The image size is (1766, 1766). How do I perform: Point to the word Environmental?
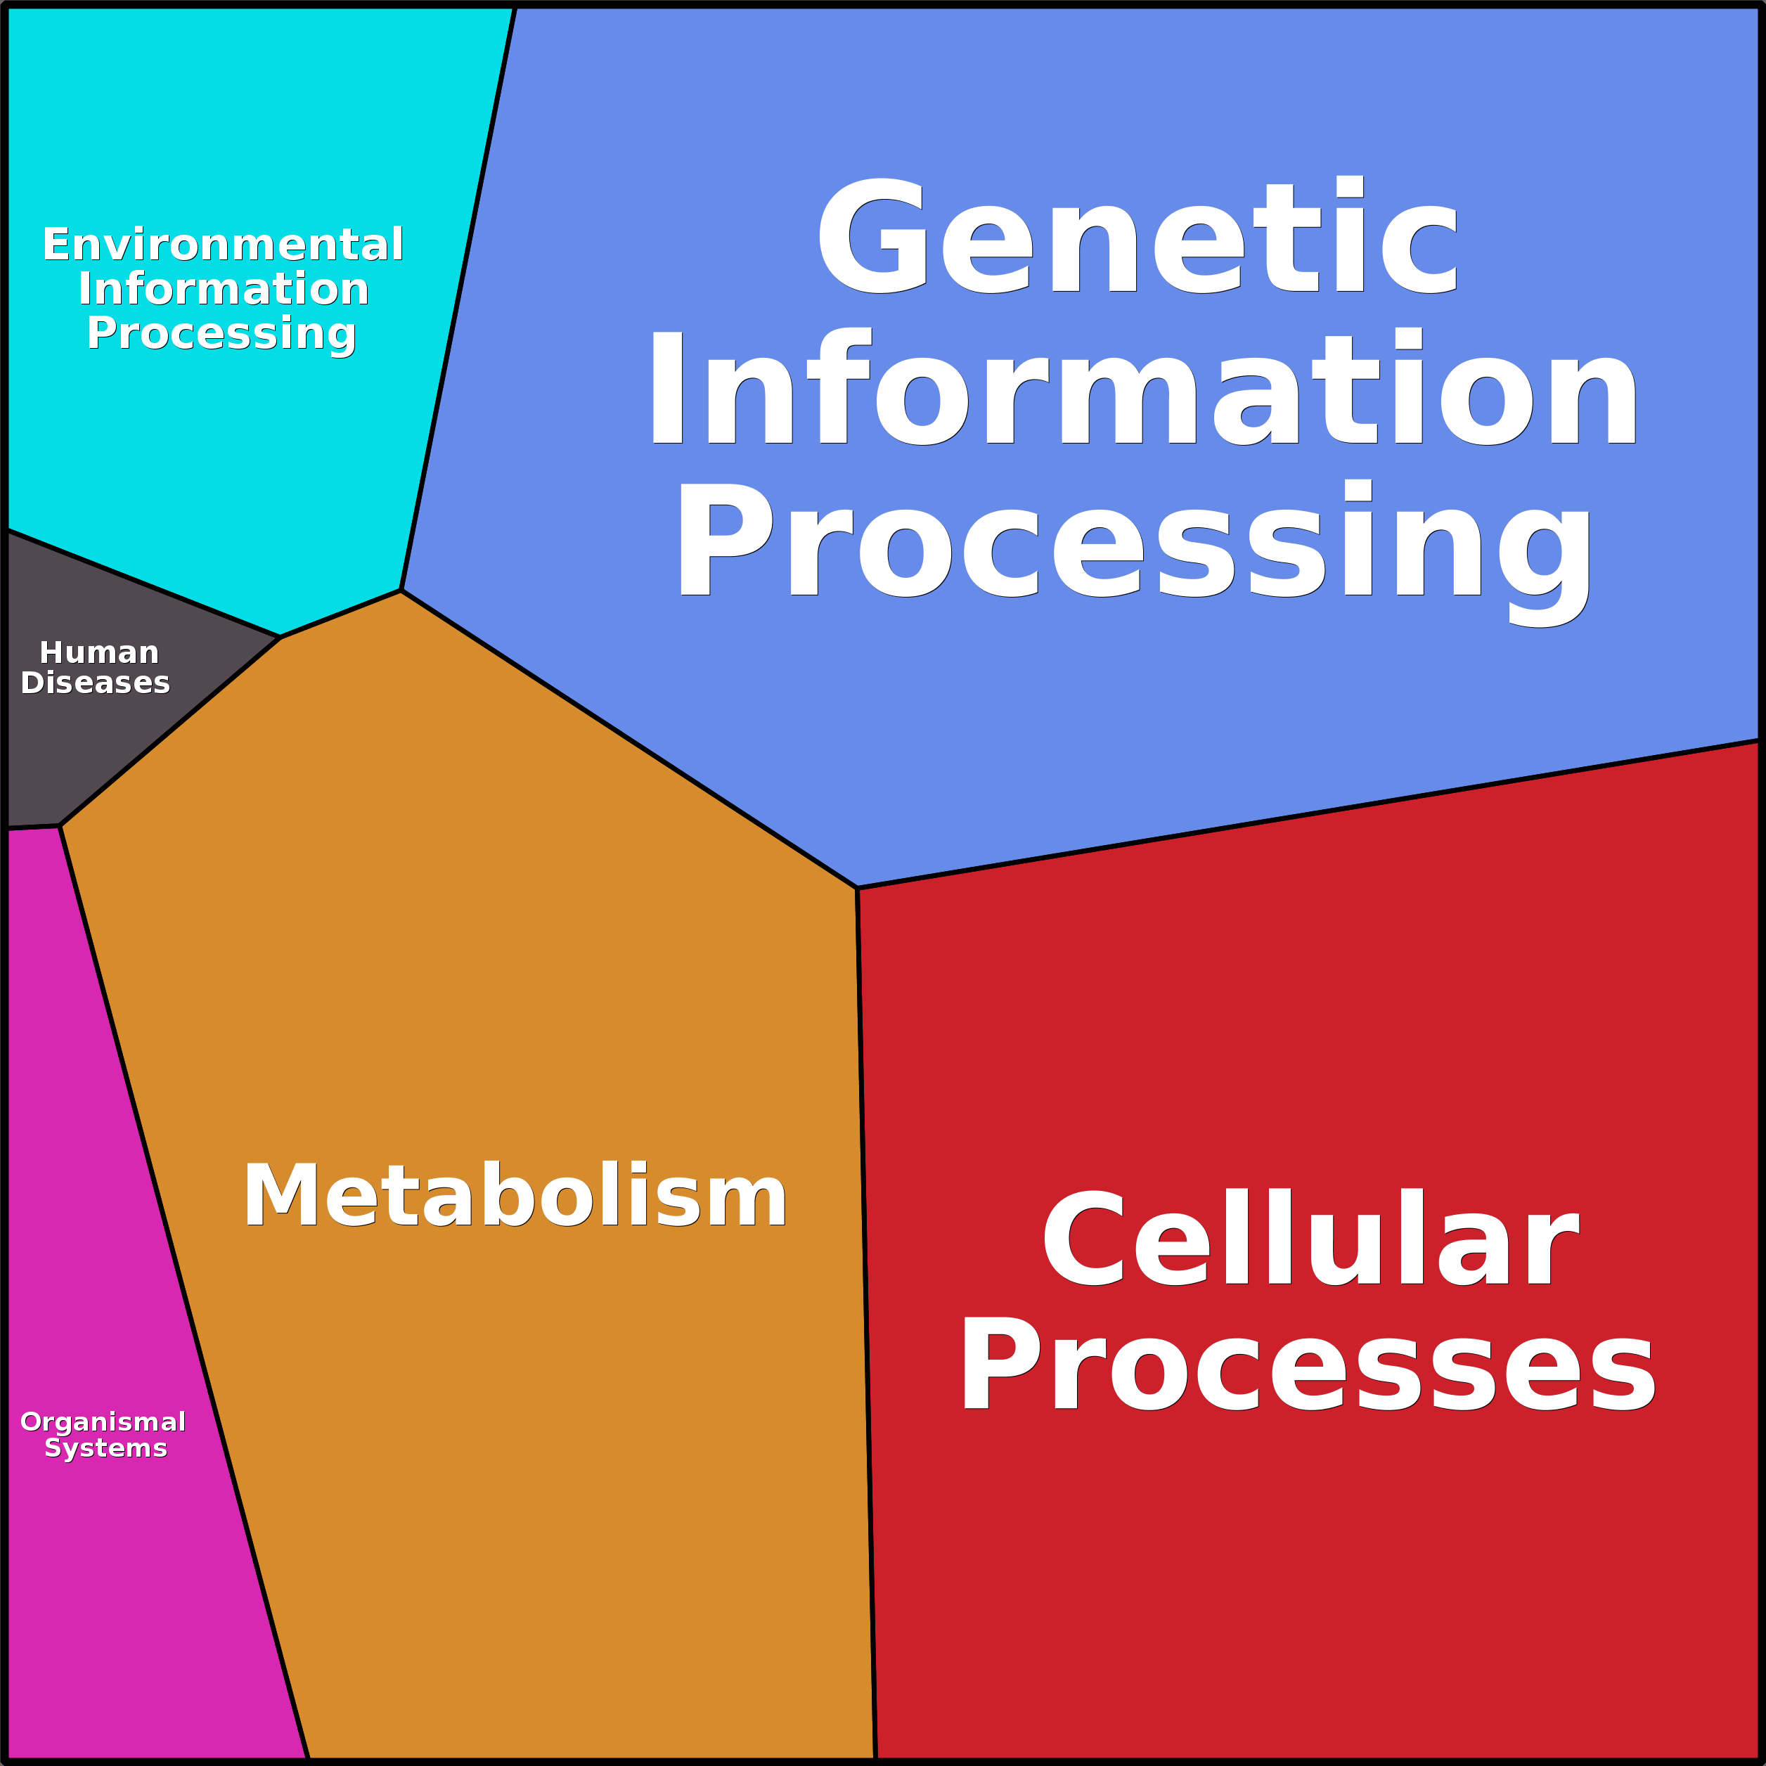tap(223, 245)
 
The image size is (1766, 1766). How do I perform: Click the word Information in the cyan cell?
tap(223, 289)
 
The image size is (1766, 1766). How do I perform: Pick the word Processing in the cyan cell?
tap(221, 334)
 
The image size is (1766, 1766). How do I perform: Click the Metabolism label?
tap(515, 1197)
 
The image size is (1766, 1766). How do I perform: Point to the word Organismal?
tap(103, 1422)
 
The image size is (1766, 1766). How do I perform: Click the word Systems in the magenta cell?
tap(106, 1448)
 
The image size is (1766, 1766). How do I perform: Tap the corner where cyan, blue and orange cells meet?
tap(400, 591)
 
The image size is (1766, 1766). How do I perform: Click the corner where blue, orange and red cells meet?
tap(856, 888)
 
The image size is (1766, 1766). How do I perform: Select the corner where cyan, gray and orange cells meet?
tap(280, 637)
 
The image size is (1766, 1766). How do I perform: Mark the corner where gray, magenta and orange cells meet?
tap(60, 826)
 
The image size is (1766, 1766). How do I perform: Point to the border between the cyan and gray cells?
tap(143, 584)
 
